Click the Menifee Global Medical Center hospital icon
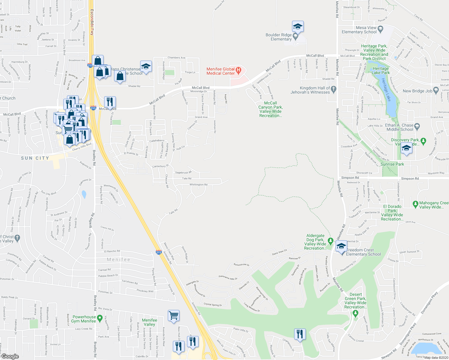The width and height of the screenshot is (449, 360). tap(239, 71)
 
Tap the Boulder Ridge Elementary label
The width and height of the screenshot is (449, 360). tap(279, 37)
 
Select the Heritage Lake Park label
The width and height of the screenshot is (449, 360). tap(381, 70)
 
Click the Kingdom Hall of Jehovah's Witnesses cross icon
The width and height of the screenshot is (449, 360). tap(334, 89)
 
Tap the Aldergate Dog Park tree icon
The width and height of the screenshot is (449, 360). tap(330, 241)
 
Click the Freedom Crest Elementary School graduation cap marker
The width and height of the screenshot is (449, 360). tap(341, 247)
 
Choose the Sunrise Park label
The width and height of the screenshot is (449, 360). tap(392, 164)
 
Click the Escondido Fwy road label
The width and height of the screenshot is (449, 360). tap(92, 22)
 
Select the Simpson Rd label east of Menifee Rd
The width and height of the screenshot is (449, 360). tap(410, 178)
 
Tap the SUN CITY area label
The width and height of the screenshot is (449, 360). tap(35, 158)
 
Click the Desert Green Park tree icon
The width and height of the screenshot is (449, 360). tap(356, 313)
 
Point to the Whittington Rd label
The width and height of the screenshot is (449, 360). tap(198, 184)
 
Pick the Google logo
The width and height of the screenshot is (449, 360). tap(10, 356)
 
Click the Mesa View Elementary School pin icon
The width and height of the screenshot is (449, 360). tap(381, 29)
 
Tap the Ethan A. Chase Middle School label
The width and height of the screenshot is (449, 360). tap(399, 127)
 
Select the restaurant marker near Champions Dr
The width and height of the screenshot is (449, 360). tap(300, 334)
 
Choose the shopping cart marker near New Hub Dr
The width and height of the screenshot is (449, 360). tap(173, 316)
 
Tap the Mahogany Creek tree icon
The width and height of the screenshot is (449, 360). tap(415, 204)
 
